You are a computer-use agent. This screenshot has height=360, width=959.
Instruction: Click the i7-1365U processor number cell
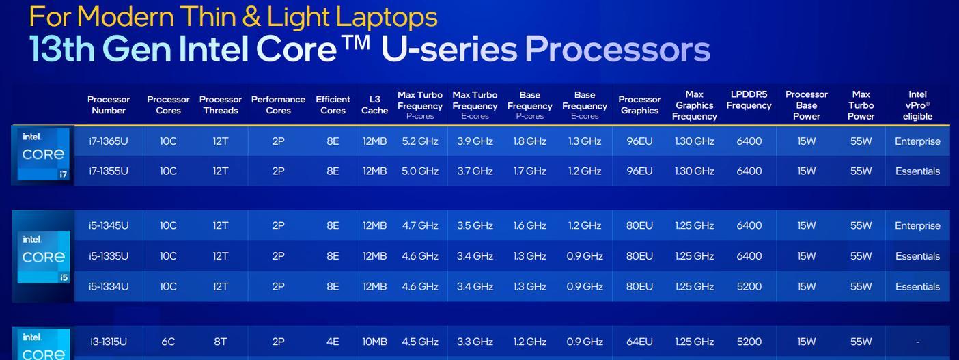[109, 141]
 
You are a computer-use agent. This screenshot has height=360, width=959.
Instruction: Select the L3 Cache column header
[374, 105]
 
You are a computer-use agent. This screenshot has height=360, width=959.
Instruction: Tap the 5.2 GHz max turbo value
[420, 141]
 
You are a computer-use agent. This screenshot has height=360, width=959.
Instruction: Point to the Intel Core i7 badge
[43, 154]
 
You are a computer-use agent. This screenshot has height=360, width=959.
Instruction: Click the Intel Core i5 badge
[43, 257]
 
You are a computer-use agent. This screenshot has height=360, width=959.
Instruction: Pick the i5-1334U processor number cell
[109, 286]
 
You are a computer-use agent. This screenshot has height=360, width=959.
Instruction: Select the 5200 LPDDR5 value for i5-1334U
[749, 286]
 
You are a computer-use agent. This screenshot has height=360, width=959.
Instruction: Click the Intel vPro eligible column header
[917, 105]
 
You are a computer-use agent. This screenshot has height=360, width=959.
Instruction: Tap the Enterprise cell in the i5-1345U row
[917, 225]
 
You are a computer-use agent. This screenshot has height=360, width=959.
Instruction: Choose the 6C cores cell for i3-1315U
[168, 342]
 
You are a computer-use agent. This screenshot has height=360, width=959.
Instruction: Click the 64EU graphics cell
[639, 342]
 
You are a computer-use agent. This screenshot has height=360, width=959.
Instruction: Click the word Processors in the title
[617, 49]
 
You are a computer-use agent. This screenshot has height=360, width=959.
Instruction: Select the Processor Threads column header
[221, 105]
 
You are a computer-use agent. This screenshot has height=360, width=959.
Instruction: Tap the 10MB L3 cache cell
[374, 342]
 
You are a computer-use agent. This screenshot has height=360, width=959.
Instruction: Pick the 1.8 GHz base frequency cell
[529, 141]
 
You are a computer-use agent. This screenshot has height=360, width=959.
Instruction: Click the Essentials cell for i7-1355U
[917, 171]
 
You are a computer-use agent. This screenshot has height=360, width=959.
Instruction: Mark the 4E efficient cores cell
[333, 342]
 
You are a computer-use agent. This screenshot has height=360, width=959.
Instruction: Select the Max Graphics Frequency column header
[695, 105]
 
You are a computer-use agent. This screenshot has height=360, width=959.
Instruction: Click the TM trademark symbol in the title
[356, 43]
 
